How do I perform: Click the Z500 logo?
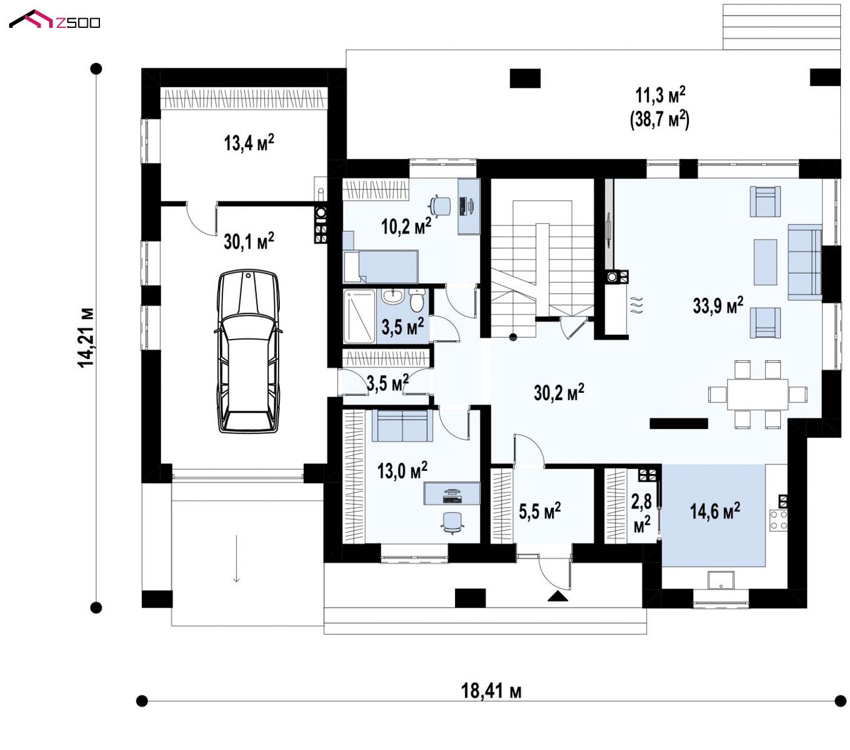(x=55, y=20)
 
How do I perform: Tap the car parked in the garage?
(x=248, y=351)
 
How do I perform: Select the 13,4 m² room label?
(x=249, y=142)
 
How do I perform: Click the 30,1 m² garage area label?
(x=249, y=241)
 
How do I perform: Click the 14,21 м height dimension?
(x=86, y=338)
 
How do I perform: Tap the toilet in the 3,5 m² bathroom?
(x=417, y=300)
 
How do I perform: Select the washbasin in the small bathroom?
(x=392, y=295)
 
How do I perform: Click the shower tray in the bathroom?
(x=359, y=317)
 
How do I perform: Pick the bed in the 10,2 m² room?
(x=380, y=266)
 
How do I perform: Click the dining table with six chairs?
(x=758, y=395)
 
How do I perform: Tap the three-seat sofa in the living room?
(x=805, y=263)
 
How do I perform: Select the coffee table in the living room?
(x=765, y=262)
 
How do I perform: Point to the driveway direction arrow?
(x=237, y=559)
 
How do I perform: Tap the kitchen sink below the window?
(x=721, y=581)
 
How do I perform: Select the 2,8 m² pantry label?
(x=642, y=513)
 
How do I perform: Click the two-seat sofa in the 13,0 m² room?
(x=402, y=425)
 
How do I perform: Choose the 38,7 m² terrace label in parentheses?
(x=660, y=120)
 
